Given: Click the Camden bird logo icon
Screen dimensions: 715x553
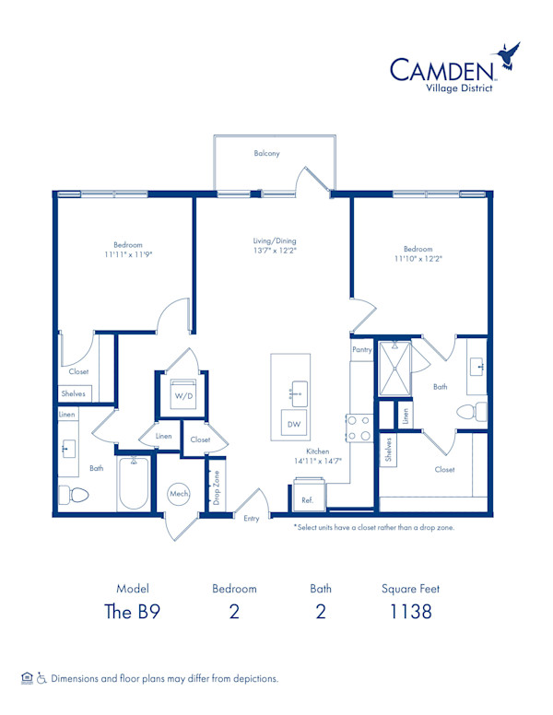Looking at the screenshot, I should pos(509,56).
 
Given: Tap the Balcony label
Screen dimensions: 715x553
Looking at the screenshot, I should pos(266,153).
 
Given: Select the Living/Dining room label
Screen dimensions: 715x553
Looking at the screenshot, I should pos(275,241).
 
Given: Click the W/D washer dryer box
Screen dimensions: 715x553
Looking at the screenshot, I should pos(183,394).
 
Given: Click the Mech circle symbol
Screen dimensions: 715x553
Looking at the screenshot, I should pos(179,495).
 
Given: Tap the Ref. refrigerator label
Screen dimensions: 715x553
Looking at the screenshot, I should pos(307,499).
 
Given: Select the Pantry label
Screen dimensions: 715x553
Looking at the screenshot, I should pos(361,350).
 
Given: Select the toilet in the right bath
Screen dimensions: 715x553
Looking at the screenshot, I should pos(473,412).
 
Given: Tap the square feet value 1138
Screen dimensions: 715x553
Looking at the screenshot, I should pos(410,611).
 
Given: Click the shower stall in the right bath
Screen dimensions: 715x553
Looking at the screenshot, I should pos(396,369).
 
